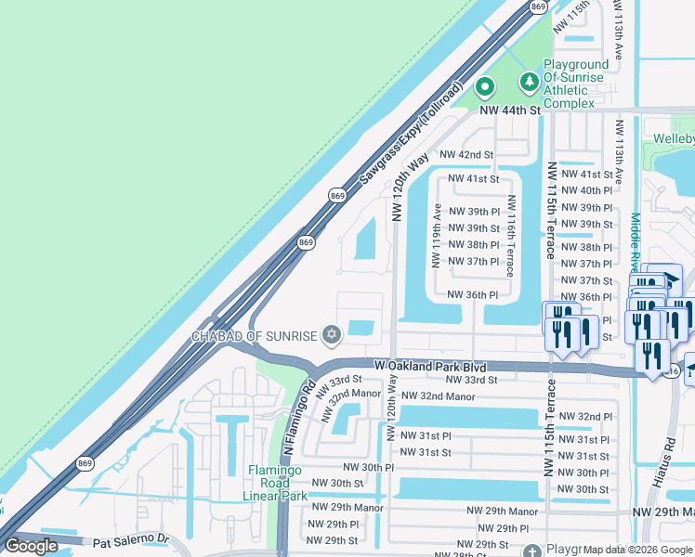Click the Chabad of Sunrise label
256,335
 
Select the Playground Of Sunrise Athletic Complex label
562,84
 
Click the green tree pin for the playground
529,83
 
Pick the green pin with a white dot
484,87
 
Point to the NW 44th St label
510,110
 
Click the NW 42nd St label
466,154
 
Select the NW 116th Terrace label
510,237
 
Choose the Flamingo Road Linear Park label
278,483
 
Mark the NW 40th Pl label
583,190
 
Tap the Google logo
31,546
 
